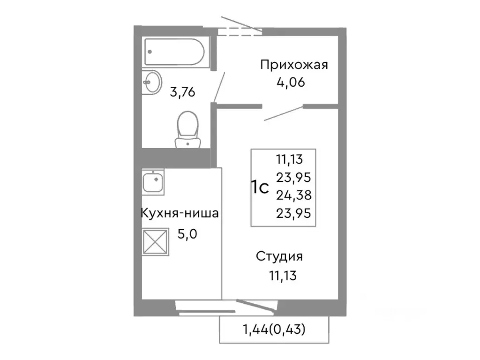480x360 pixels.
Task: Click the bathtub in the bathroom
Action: tap(174, 52)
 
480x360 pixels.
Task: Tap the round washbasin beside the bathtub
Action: tap(151, 82)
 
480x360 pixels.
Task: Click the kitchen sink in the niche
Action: tap(153, 182)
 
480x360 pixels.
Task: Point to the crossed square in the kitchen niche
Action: tap(155, 242)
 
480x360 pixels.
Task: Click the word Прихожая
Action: tap(293, 65)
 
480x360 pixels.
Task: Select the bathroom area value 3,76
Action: tap(182, 92)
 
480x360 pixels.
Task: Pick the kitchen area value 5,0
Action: tap(187, 233)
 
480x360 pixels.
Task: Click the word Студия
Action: tap(279, 256)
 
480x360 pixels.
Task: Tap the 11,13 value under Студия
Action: tap(282, 274)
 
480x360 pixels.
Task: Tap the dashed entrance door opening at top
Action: tap(240, 31)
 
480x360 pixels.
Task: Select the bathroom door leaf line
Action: tap(219, 87)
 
